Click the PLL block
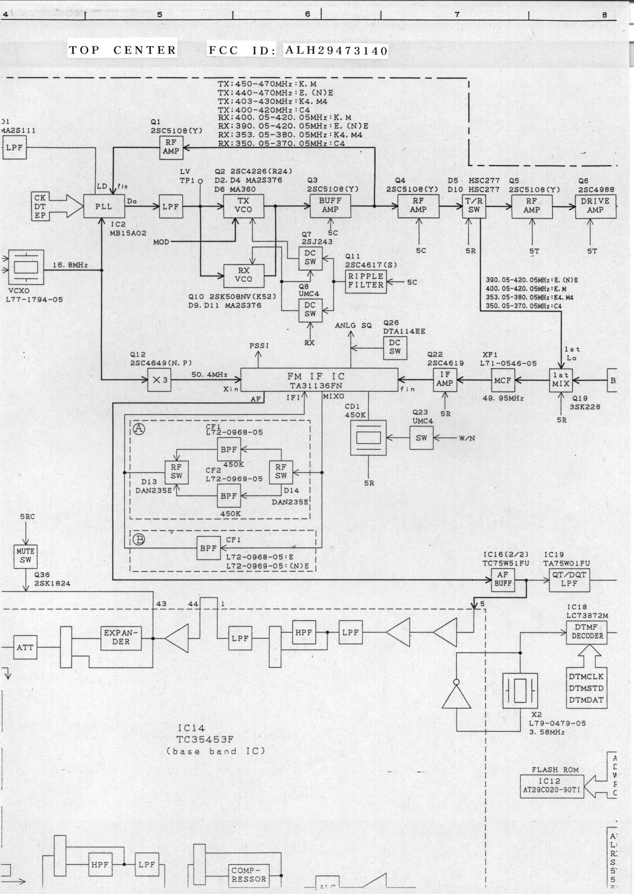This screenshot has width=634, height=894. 103,207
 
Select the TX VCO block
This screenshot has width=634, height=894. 244,206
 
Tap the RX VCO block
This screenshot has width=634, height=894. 244,275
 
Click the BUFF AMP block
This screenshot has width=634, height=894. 330,205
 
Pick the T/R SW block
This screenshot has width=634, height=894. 474,206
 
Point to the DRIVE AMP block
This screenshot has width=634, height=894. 595,206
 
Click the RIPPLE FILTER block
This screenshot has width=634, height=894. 366,281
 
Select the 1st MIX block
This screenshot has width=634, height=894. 561,380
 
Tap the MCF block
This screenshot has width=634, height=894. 503,381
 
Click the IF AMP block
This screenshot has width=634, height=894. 445,379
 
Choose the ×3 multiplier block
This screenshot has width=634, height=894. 159,381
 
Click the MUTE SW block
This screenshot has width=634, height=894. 26,556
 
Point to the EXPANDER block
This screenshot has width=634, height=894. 121,637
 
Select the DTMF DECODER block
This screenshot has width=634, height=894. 587,632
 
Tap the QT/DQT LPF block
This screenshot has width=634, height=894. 569,579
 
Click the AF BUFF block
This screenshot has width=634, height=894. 503,579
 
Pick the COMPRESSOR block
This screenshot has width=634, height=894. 248,875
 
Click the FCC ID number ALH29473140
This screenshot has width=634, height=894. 336,51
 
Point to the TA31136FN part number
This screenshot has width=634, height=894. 316,386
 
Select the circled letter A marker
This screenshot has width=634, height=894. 138,429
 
